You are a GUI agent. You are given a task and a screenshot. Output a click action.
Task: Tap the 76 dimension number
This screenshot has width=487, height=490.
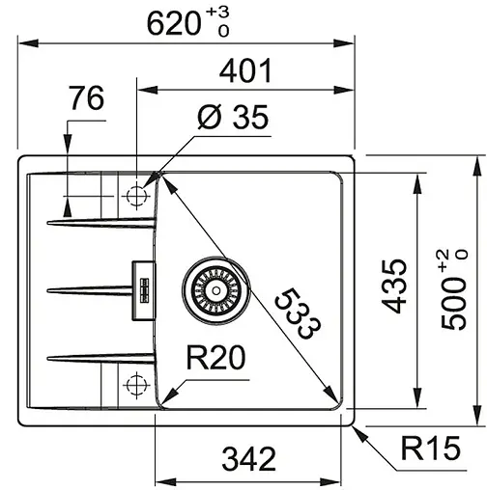[86, 99]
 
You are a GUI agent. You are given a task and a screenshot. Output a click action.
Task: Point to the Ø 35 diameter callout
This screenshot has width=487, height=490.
[231, 119]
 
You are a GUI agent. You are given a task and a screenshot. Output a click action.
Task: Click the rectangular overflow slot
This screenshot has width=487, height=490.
[143, 288]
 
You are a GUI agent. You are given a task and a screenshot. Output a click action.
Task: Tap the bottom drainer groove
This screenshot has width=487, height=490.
[97, 358]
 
